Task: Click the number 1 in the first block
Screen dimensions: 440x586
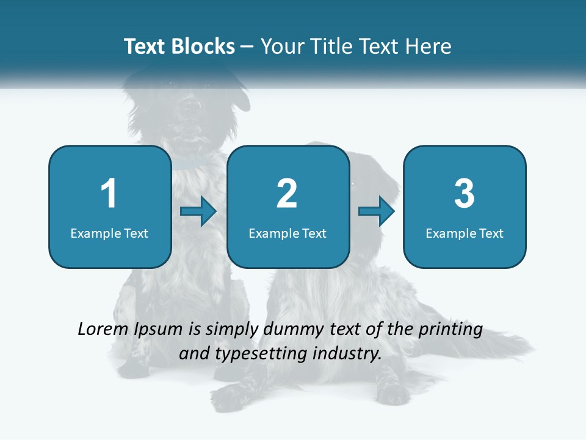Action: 109,194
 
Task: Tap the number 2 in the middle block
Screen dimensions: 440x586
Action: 287,194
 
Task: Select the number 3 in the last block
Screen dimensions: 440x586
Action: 465,194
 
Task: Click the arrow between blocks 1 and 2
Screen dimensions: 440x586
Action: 199,211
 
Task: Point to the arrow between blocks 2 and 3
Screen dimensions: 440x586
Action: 377,211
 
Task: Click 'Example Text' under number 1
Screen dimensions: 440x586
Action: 109,233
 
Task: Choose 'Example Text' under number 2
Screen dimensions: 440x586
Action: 288,233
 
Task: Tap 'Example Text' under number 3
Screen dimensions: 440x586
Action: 465,233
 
